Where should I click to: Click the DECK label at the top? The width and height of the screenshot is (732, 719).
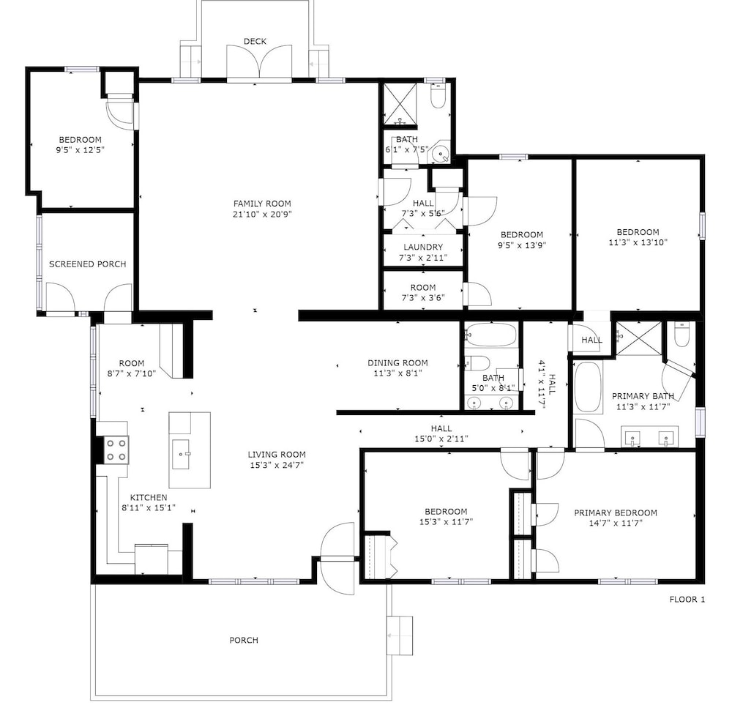click(x=255, y=42)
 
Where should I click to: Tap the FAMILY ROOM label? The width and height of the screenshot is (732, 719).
click(x=262, y=204)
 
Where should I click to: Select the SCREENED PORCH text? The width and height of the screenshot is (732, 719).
click(x=88, y=264)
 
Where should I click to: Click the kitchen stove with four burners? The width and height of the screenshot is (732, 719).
click(x=116, y=450)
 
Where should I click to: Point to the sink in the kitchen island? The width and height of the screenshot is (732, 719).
click(x=181, y=454)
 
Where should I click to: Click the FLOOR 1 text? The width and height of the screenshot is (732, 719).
click(x=687, y=600)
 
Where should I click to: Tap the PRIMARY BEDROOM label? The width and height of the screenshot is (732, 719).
click(x=616, y=513)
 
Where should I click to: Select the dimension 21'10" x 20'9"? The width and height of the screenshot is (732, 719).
click(x=262, y=215)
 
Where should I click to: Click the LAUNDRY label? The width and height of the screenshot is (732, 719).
click(x=423, y=247)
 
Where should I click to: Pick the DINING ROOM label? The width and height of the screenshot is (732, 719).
click(x=397, y=362)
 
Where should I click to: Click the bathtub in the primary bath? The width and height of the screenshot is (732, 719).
click(x=588, y=387)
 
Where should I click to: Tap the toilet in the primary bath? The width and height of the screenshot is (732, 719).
click(x=681, y=335)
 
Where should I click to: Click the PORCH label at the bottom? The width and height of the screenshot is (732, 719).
click(x=244, y=640)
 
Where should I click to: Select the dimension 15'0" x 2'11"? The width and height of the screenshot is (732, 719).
click(x=441, y=439)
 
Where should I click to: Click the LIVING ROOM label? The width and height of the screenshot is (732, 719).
click(x=277, y=454)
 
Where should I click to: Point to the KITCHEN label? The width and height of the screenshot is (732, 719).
click(x=149, y=498)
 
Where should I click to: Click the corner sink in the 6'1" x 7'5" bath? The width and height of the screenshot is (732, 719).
click(x=440, y=152)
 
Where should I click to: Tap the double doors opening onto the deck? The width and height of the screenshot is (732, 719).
click(x=259, y=64)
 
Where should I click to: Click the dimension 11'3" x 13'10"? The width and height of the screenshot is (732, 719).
click(x=638, y=242)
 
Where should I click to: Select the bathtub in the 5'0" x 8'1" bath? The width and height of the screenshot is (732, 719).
click(x=490, y=335)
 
